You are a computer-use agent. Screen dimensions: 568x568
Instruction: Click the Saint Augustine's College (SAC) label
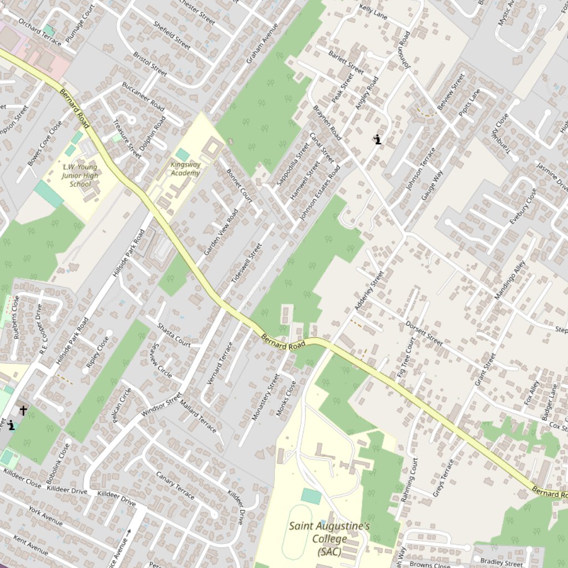point(329,538)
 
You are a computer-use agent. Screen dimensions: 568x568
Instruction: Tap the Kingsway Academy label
point(185,169)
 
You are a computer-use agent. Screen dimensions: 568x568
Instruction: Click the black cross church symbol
point(23,410)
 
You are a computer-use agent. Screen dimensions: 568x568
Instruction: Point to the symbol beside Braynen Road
point(378,139)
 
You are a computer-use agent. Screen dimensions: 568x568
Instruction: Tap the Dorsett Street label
point(424,333)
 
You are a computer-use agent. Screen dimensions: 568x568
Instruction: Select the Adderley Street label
point(369,291)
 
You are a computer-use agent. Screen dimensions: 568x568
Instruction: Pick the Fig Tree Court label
point(406,358)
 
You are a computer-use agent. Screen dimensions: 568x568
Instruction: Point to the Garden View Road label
point(221,232)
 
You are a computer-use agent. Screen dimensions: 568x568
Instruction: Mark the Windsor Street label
point(161,405)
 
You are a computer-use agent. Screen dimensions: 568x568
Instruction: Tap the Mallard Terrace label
point(198,418)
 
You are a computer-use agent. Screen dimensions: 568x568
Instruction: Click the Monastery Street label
point(266,397)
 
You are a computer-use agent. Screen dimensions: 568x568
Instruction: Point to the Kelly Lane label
point(373,10)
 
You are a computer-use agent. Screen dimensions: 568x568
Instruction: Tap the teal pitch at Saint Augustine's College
point(311,496)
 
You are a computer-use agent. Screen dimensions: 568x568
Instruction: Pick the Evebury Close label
point(523,206)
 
